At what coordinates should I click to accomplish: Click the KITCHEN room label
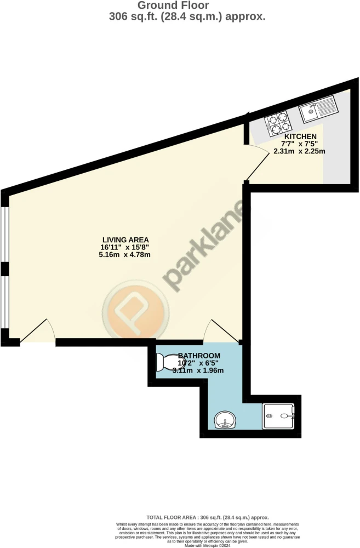coord(300,136)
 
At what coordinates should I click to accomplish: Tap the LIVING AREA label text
coord(125,240)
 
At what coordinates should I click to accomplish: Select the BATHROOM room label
coord(199,356)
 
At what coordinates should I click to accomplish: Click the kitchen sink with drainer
coord(318,109)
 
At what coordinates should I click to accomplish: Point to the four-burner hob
coord(278,123)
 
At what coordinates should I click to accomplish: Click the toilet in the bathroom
coord(169,362)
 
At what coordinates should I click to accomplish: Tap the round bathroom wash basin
coord(225,420)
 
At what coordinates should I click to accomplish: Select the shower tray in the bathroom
coord(279,416)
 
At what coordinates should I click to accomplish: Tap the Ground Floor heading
coord(173,5)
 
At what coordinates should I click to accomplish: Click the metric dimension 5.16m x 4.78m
coord(125,254)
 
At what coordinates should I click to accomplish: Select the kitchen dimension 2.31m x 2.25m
coord(300,151)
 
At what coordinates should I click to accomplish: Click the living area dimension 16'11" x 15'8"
coord(125,247)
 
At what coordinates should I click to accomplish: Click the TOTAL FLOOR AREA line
coord(208,518)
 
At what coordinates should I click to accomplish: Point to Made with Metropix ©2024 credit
coord(208,545)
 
